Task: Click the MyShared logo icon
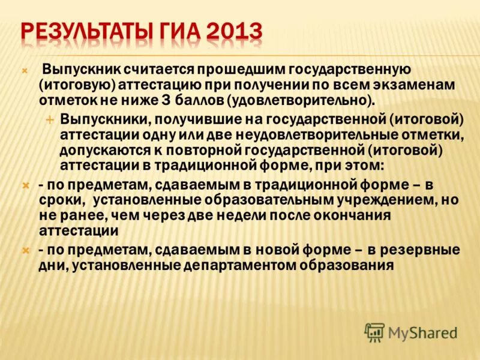coord(374,332)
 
